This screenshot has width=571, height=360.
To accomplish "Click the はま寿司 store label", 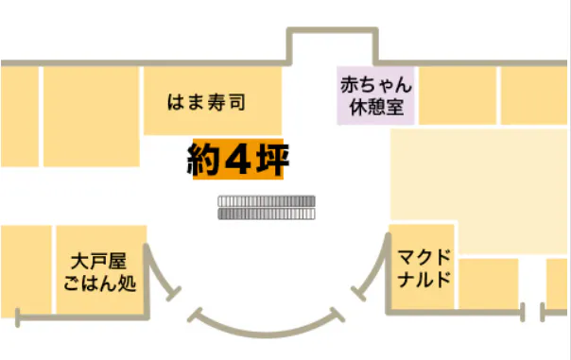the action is [206, 102].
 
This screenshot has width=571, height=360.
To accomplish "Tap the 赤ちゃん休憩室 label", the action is [376, 95].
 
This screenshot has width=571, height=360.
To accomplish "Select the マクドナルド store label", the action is [424, 268].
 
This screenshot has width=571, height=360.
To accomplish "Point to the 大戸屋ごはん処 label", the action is [99, 272].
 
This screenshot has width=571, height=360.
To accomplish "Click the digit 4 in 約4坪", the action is [238, 159].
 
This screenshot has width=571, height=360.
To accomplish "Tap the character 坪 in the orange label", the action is [272, 159].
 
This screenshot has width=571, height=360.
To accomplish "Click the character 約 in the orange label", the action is [203, 159].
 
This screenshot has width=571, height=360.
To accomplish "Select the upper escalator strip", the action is [267, 201].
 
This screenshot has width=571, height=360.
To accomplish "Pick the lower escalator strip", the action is [267, 214].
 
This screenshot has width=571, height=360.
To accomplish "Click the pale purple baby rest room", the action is [375, 95].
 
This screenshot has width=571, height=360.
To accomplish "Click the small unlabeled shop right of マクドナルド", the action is [489, 283].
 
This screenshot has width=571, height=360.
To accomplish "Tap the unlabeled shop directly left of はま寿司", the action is [92, 116].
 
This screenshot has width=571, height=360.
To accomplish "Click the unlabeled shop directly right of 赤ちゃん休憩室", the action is [458, 95].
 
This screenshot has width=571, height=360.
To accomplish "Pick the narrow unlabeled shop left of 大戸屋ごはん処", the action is [26, 269].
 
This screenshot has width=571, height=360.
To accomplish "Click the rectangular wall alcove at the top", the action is [333, 46].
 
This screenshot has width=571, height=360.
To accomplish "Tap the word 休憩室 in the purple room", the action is [376, 107].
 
